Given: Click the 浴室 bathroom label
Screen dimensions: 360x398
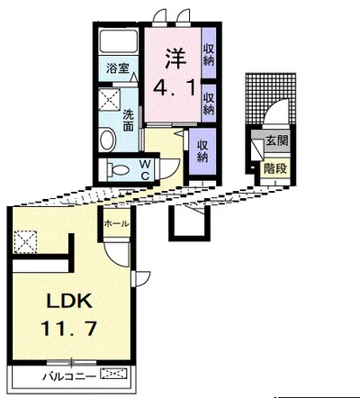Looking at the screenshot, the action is point(118,68).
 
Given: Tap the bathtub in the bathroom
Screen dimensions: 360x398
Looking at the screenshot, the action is point(119,41).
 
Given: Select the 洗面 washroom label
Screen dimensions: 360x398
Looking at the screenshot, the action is point(129,121).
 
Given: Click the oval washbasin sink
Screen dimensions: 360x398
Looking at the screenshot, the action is point(108,140).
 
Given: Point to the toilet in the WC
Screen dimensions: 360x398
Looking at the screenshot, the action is point(118,170).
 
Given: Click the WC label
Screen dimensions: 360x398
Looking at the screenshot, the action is point(145,170).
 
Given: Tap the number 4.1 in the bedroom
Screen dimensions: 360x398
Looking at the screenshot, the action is point(175,87).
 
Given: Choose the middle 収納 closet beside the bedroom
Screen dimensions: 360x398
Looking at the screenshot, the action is point(209,103).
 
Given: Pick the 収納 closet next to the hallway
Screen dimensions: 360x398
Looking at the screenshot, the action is point(202,151).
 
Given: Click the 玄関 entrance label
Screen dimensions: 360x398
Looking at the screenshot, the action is point(277,140).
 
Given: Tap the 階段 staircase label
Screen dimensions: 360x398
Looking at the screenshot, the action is point(275,169).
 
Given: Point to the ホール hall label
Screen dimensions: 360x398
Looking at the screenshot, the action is point(117,223).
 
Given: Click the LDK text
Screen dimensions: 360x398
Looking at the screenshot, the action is point(69,302).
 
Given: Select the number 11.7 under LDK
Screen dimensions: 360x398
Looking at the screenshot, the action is point(68,329).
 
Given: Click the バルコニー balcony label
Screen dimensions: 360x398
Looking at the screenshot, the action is point(69,376).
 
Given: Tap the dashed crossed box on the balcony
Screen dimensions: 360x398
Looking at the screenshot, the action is point(113,374).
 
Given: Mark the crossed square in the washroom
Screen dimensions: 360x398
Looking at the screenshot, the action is point(109,99).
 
